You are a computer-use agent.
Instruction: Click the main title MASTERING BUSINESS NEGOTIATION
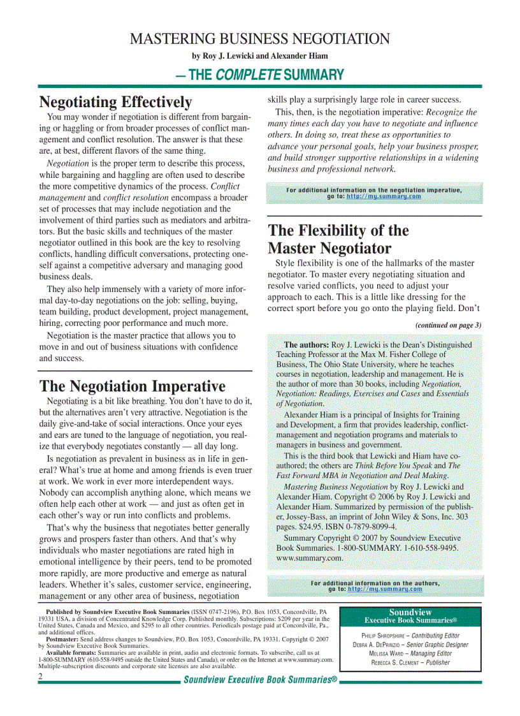coord(259,39)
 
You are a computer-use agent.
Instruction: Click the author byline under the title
coord(259,56)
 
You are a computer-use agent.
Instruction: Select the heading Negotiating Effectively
coord(115,102)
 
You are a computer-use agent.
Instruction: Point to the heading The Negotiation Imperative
coord(132,386)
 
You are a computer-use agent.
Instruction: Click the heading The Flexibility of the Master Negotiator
coord(338,239)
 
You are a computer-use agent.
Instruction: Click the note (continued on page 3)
coord(448,325)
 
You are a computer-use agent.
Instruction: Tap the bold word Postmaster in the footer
coord(62,638)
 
